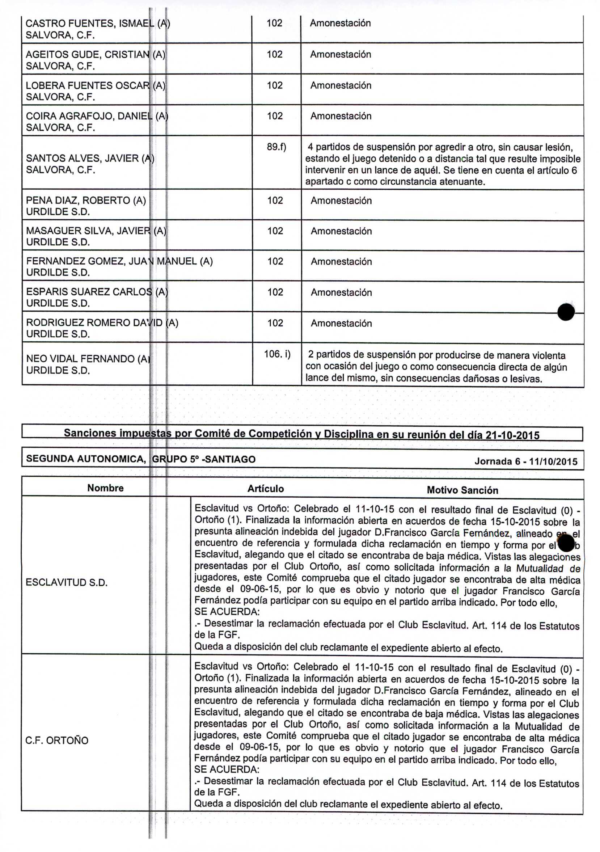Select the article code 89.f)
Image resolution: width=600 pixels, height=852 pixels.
276,147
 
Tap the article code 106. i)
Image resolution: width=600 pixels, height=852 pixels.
277,354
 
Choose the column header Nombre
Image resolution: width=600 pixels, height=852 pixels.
105,488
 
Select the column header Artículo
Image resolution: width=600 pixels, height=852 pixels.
265,489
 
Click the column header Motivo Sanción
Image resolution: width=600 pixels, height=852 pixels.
462,490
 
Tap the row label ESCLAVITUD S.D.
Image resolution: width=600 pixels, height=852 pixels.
67,582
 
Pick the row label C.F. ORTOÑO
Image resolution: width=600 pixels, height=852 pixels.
57,740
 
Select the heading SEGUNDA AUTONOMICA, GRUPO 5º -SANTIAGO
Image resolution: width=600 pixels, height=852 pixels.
141,459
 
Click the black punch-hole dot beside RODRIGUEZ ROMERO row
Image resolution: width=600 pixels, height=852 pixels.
566,312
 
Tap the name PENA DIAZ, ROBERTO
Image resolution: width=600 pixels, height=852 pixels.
86,201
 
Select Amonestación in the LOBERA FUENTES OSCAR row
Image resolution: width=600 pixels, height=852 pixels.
341,85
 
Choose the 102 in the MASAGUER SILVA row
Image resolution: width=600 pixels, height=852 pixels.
275,231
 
